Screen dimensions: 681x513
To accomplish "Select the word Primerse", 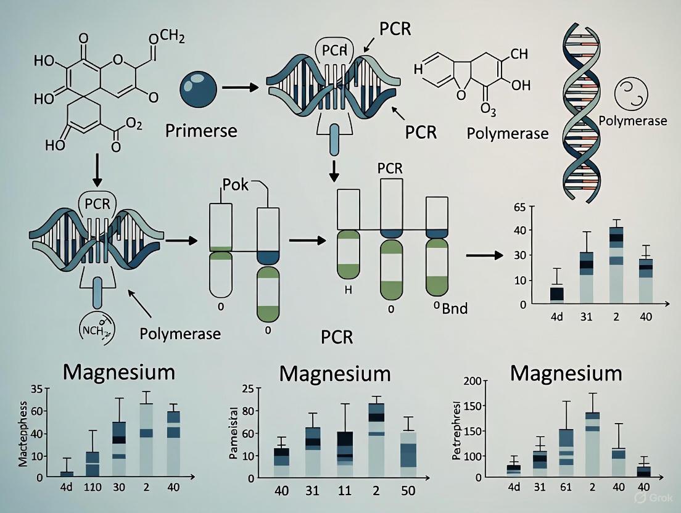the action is point(201,130).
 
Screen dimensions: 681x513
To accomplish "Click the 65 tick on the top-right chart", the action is point(519,207).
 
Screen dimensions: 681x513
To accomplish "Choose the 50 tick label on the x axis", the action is point(408,491).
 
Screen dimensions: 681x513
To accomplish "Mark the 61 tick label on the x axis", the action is point(566,486).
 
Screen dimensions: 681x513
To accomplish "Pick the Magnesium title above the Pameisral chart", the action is point(334,374).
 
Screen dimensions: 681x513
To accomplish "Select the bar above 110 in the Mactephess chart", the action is point(93,463).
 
